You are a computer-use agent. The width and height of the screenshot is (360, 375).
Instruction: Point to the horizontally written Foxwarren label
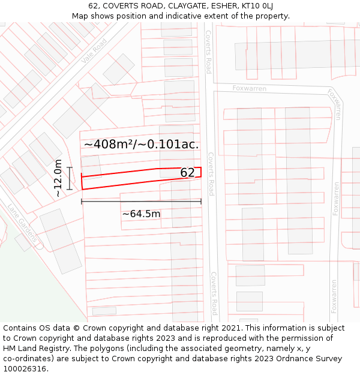point(249,88)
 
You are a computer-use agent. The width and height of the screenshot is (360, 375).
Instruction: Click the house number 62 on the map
point(187,173)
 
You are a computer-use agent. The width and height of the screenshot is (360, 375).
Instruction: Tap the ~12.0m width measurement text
point(58,178)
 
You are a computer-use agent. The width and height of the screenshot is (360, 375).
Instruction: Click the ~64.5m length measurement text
point(141,214)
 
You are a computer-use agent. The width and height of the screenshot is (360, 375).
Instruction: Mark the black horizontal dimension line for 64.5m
point(141,202)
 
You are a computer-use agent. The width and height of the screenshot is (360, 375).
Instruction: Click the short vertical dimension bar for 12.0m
point(70,178)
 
